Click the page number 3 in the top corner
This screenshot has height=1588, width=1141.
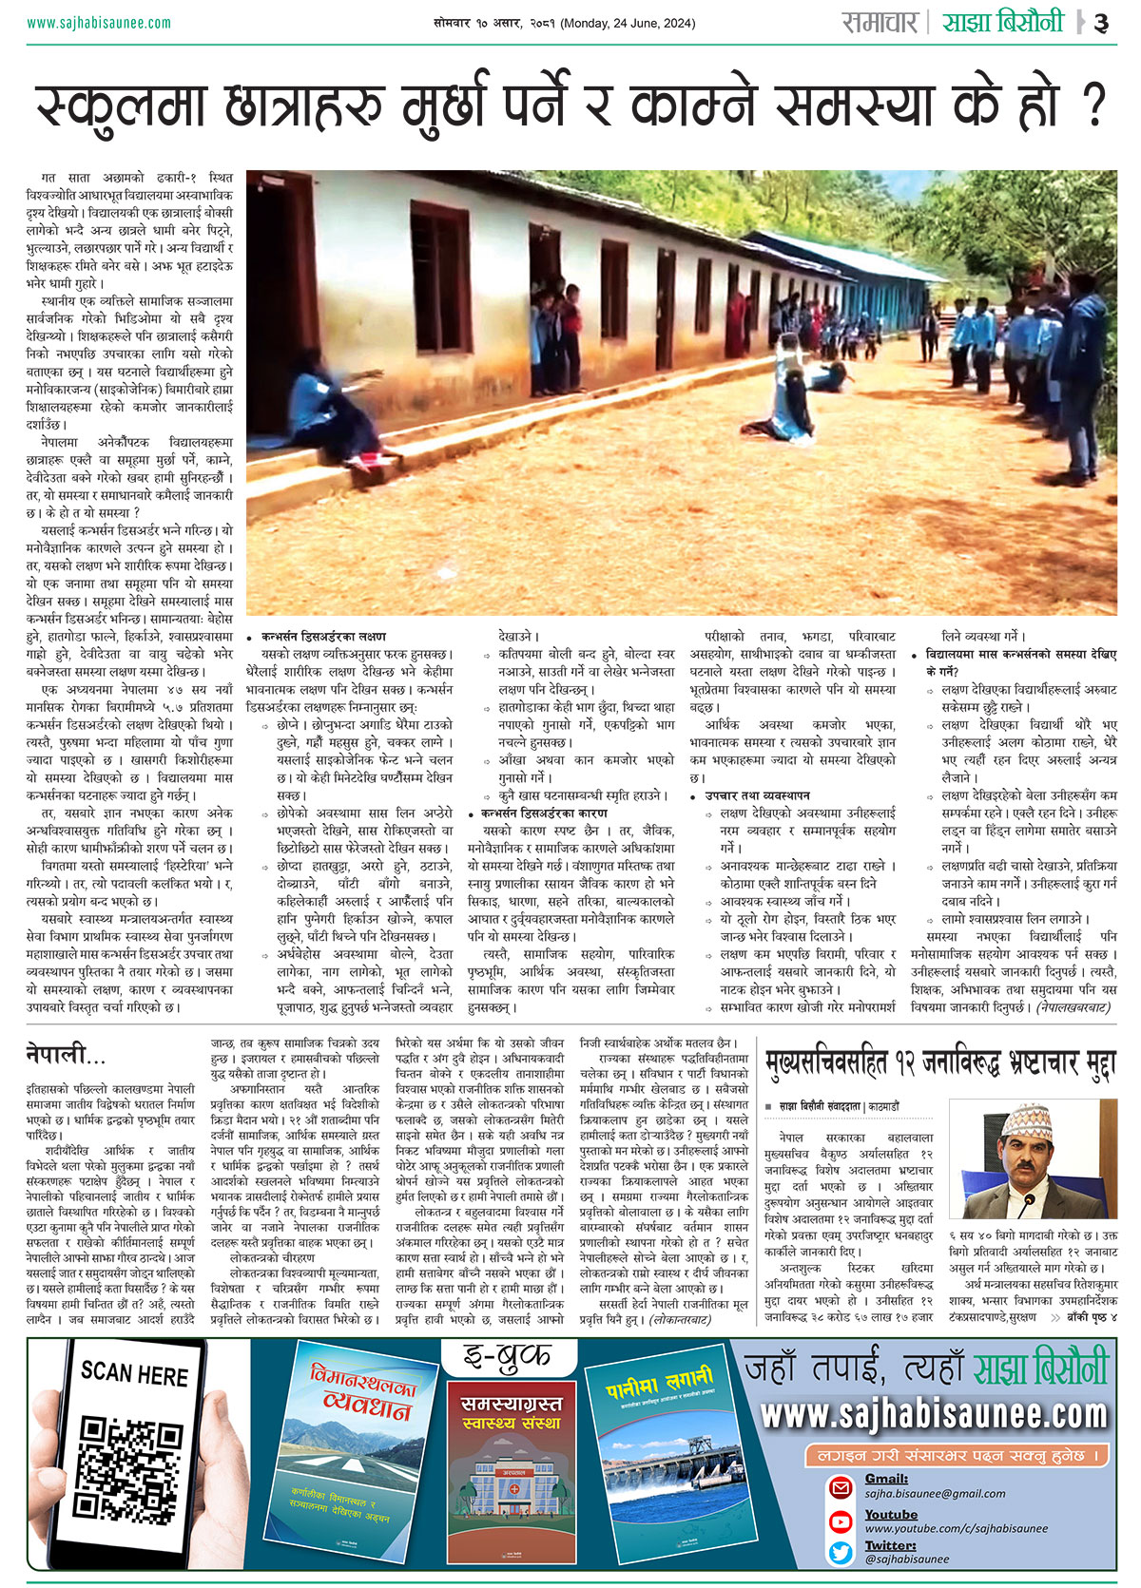click(1101, 23)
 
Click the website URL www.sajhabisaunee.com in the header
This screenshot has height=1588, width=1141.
click(99, 23)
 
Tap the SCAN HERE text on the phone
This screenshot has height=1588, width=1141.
click(134, 1374)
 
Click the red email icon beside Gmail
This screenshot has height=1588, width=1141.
click(841, 1486)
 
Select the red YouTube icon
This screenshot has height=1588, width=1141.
click(841, 1521)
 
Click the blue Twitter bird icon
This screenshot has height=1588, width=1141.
click(841, 1552)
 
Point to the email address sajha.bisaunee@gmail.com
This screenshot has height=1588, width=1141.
click(935, 1493)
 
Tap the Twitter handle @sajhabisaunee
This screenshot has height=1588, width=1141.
click(907, 1559)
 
